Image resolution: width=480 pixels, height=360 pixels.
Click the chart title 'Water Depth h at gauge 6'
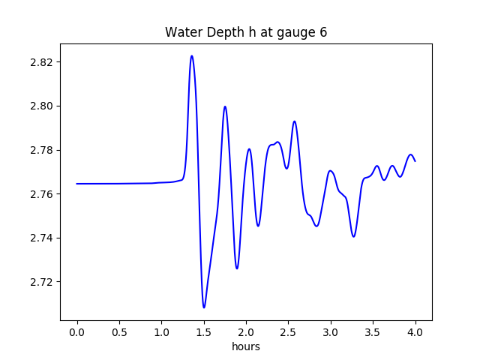click(x=246, y=33)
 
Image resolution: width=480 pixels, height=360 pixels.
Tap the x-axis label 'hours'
click(x=246, y=346)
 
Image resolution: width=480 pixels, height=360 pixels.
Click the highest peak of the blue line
click(x=192, y=55)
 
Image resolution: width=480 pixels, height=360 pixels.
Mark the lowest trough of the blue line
click(x=204, y=307)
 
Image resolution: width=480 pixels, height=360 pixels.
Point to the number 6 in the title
click(x=323, y=33)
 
